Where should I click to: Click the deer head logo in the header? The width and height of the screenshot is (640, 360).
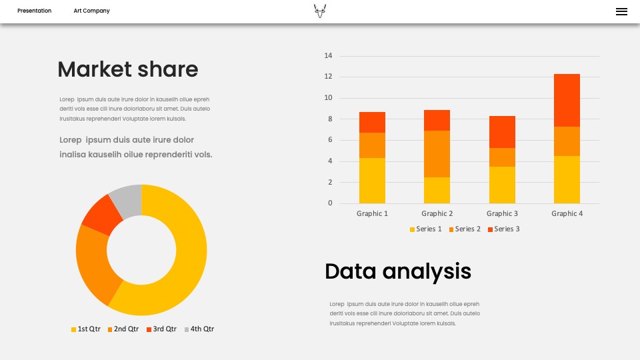coord(320,11)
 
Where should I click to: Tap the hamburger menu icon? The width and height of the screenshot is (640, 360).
coord(621,12)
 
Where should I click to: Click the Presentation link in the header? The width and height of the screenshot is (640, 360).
coord(34,11)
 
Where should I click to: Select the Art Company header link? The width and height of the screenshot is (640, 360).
coord(91,11)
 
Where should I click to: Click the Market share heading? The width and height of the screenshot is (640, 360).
coord(128,69)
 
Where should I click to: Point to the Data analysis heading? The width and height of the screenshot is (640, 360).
coord(398,271)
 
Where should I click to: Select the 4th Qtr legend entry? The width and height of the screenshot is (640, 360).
coord(199,329)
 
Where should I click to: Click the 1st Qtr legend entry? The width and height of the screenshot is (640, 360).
coord(86,329)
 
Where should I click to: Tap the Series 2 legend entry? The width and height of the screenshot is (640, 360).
coord(465,229)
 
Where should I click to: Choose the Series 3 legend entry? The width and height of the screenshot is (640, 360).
coord(504,229)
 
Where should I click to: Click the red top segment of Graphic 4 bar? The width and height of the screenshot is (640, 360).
coord(567,101)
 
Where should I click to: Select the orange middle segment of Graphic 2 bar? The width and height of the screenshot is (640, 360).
coord(437,154)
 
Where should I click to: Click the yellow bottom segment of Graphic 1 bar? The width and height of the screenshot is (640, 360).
coord(372,181)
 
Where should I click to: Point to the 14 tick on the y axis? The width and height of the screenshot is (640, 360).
coord(328,55)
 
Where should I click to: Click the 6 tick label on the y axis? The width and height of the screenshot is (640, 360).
coord(330,139)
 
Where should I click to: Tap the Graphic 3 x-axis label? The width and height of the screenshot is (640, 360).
coord(502,213)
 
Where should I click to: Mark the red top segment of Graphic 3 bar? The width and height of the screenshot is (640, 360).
coord(502,132)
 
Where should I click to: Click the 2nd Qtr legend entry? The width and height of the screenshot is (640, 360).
coord(123,329)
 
